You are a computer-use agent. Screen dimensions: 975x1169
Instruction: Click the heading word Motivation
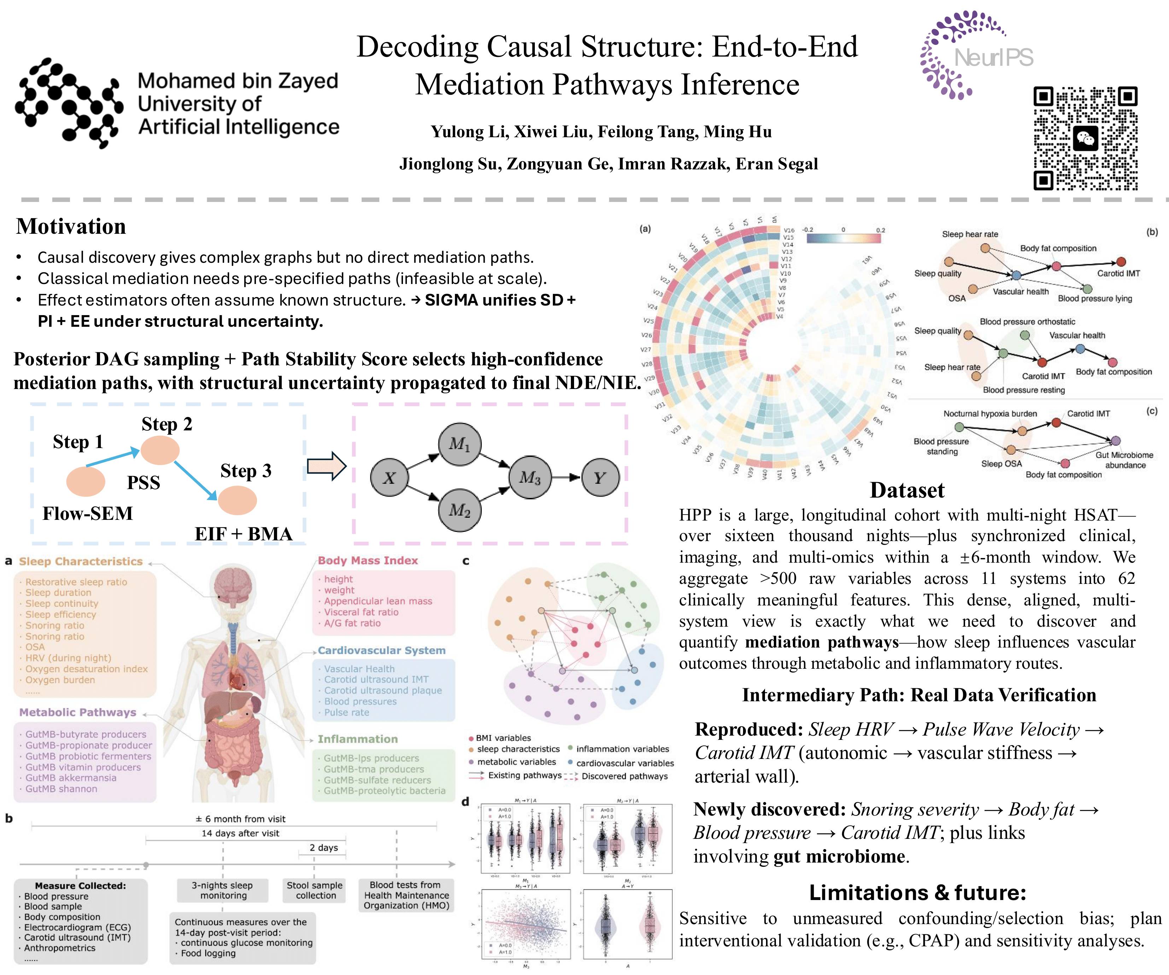click(71, 227)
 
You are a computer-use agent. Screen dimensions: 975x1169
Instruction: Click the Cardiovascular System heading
click(381, 650)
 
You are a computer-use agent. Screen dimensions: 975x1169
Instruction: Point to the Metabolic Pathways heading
click(78, 712)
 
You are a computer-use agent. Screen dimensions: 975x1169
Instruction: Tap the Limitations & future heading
click(917, 893)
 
